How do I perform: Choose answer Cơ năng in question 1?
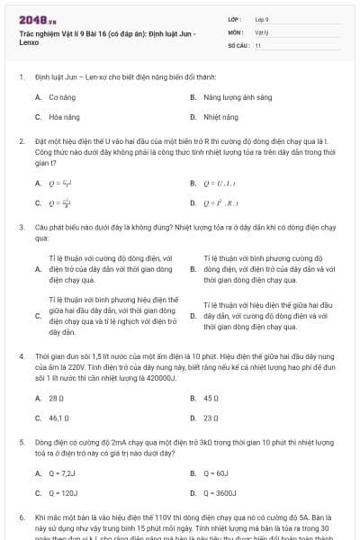pos(60,95)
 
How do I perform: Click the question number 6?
pos(21,519)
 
